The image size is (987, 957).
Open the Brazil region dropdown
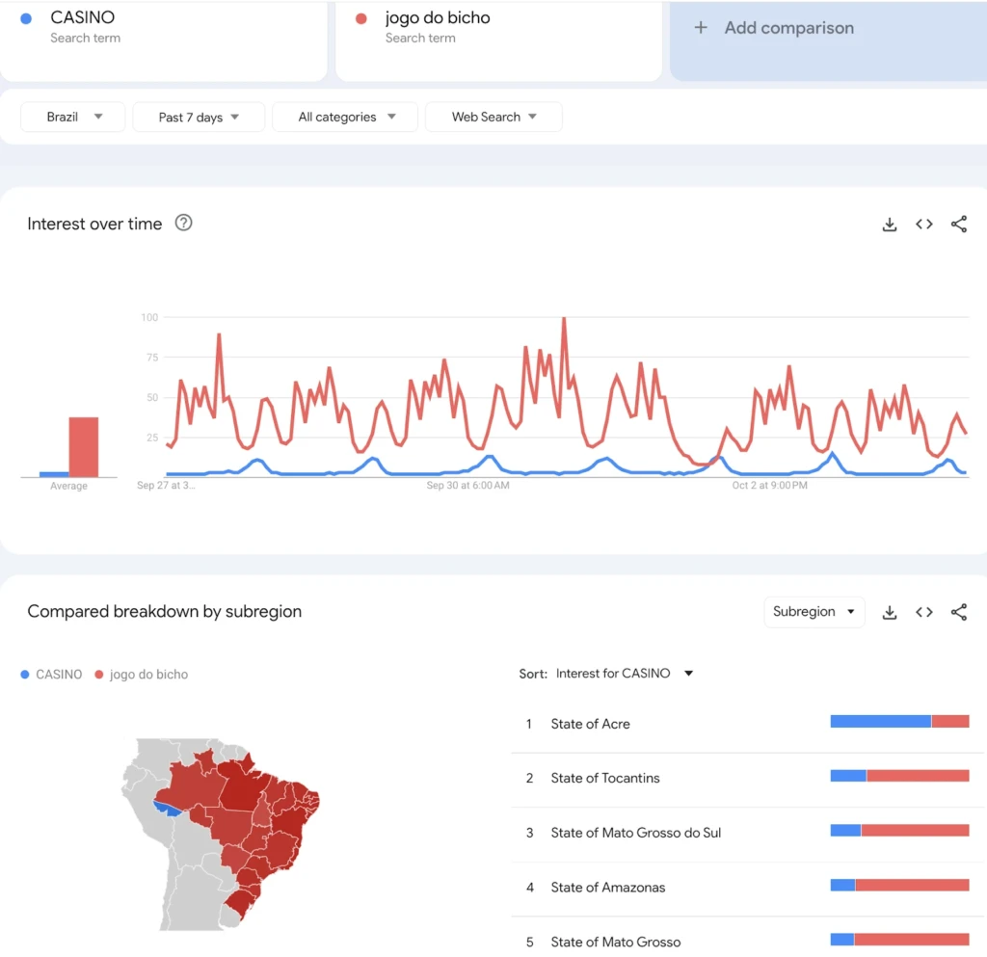coord(72,117)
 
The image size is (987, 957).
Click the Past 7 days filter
coord(199,117)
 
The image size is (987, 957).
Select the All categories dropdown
coord(345,117)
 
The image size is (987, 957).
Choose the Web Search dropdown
coord(493,117)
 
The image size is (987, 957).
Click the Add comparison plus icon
coord(701,28)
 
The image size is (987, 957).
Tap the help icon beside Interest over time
coord(183,223)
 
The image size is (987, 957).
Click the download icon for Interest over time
coord(890,224)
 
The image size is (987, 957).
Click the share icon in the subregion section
coord(959,612)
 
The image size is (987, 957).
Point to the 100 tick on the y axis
coord(149,317)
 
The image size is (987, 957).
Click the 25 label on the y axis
coord(151,438)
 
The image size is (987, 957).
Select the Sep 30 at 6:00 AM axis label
coord(467,485)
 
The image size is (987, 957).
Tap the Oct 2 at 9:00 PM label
coord(769,485)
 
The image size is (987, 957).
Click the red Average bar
coord(84,447)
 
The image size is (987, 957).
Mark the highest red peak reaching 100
coord(564,319)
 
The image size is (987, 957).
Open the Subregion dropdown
coord(814,612)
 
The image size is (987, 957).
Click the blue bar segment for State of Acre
coord(881,722)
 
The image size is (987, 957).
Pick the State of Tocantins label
coord(605,779)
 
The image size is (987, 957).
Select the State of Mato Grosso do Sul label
coord(636,833)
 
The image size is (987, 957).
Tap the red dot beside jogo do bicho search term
coord(361,19)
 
